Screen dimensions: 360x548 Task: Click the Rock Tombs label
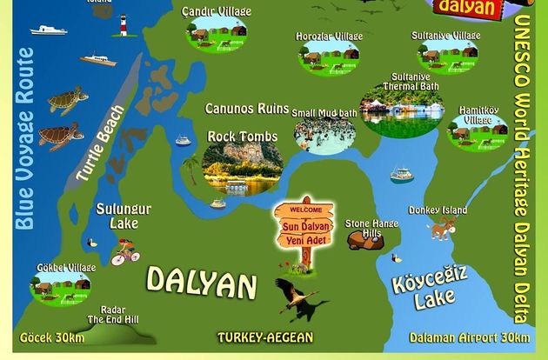coord(242,137)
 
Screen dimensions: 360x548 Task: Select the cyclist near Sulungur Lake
coord(125,252)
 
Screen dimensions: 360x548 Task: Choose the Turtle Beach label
coord(99,143)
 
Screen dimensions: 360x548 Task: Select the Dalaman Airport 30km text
coord(468,337)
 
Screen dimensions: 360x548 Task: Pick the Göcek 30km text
coord(52,337)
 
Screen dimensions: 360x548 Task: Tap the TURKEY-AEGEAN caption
coord(265,337)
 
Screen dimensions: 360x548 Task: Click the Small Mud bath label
coord(324,113)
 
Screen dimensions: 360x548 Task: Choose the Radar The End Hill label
coord(119,315)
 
